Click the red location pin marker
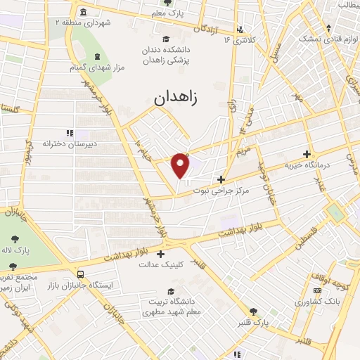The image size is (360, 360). pyautogui.click(x=181, y=165)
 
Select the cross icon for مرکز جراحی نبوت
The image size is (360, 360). pyautogui.click(x=221, y=179)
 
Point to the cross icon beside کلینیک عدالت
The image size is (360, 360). pyautogui.click(x=161, y=254)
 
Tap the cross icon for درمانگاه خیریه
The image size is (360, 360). pyautogui.click(x=306, y=154)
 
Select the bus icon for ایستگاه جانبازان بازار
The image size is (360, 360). pyautogui.click(x=82, y=274)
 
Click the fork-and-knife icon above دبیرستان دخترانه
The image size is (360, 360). pyautogui.click(x=69, y=132)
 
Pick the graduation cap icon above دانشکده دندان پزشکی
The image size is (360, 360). pyautogui.click(x=166, y=39)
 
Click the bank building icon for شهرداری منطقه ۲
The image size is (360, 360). pyautogui.click(x=84, y=13)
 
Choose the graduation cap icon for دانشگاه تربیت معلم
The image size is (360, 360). pyautogui.click(x=171, y=290)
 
